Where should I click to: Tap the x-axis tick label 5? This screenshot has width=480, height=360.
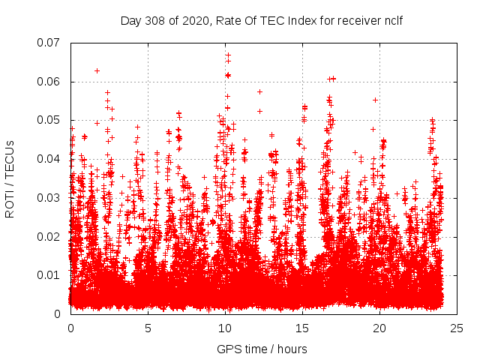pos(148,328)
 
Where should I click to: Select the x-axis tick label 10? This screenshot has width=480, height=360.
pos(225,328)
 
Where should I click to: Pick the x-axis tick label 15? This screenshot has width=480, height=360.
pos(302,328)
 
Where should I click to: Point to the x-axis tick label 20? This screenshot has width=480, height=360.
pos(380,328)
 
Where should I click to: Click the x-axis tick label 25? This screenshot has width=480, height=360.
pos(457,328)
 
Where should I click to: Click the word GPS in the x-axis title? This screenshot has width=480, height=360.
pos(228,349)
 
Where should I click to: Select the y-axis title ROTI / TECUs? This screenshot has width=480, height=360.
pos(10,178)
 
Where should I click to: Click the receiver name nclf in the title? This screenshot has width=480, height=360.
pos(393,21)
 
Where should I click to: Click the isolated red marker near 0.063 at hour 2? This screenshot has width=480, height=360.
pos(97,70)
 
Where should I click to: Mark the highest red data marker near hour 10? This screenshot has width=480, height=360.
pos(228,54)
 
